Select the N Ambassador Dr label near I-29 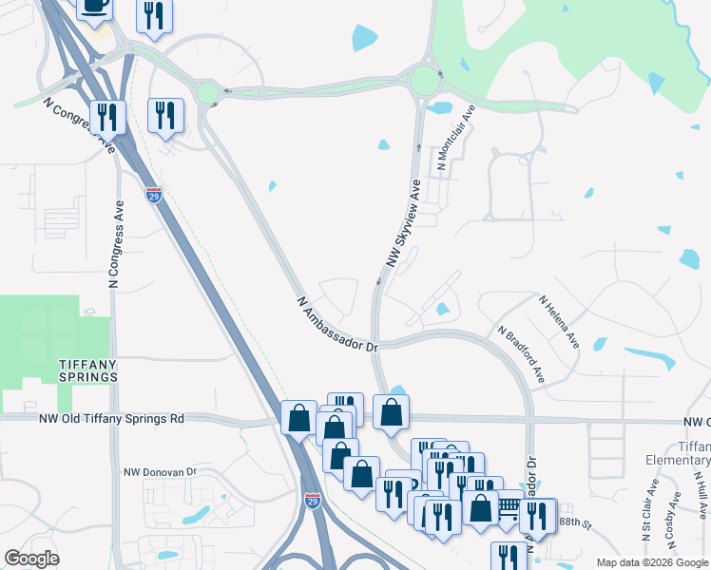pos(337,325)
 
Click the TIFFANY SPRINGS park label pos(74,370)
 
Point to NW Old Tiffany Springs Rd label pos(111,418)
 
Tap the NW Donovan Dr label pos(160,471)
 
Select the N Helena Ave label pos(559,321)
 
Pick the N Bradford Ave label pos(522,355)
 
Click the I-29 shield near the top pos(154,196)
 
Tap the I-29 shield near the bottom pos(312,500)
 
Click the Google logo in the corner pos(31,559)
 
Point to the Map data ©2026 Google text pos(652,562)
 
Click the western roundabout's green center pos(207,93)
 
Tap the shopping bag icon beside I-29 pos(298,417)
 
